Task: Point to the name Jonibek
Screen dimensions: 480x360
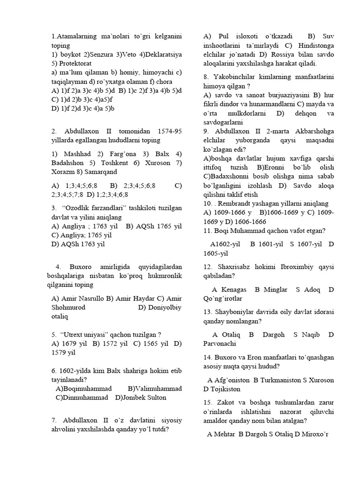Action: (136, 397)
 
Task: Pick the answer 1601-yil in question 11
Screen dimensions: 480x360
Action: (272, 244)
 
